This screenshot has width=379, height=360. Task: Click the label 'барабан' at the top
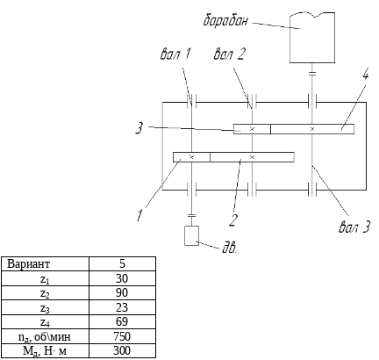tap(225, 21)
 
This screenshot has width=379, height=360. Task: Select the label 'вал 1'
tap(175, 54)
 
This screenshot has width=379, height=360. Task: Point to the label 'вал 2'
tap(229, 54)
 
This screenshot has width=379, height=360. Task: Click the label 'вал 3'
tap(354, 227)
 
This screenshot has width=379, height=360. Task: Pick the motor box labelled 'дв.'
tap(191, 235)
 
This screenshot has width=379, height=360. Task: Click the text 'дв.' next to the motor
tap(229, 248)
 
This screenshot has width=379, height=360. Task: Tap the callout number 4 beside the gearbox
tap(365, 74)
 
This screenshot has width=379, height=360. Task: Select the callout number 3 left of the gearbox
tap(139, 128)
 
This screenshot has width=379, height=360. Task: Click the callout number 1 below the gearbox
tap(139, 215)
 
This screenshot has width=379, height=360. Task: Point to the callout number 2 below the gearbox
tap(232, 220)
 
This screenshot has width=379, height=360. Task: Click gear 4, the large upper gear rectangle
tap(312, 129)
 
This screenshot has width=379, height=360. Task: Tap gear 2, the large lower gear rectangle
tap(252, 157)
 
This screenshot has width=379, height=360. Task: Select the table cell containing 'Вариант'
tap(45, 264)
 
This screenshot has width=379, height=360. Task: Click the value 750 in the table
tap(122, 336)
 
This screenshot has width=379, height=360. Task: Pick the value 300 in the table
tap(122, 350)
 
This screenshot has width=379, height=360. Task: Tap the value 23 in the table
tap(122, 307)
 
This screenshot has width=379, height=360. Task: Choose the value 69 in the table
tap(122, 321)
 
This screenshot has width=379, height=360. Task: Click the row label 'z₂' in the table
tap(45, 293)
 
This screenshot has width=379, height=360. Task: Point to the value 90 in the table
tap(122, 292)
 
